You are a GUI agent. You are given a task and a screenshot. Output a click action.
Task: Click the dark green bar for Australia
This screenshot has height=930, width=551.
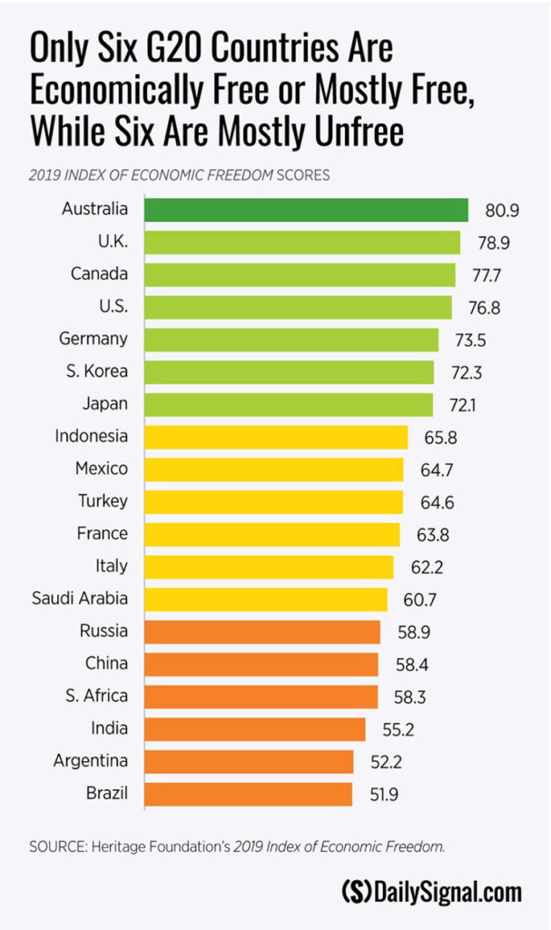point(306,210)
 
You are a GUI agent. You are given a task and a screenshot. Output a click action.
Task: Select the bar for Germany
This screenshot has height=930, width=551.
point(291,339)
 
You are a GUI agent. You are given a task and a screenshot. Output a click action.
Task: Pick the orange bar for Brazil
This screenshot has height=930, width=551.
point(249,793)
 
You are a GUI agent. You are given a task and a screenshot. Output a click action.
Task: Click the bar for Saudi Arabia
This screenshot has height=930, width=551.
point(266,599)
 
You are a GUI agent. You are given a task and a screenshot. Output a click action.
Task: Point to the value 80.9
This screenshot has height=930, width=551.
point(502,210)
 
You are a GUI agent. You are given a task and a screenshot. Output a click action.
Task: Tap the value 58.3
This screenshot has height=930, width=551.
point(411,696)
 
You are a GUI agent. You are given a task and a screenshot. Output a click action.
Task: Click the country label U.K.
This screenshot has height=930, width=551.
point(110,242)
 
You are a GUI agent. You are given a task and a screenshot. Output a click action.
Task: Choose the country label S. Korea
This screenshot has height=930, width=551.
point(98,371)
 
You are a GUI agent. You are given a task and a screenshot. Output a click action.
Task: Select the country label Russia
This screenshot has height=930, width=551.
point(104,630)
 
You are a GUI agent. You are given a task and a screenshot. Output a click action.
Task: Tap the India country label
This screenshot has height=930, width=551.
point(110,727)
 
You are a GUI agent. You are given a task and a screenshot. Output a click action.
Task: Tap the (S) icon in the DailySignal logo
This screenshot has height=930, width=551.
point(356,892)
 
